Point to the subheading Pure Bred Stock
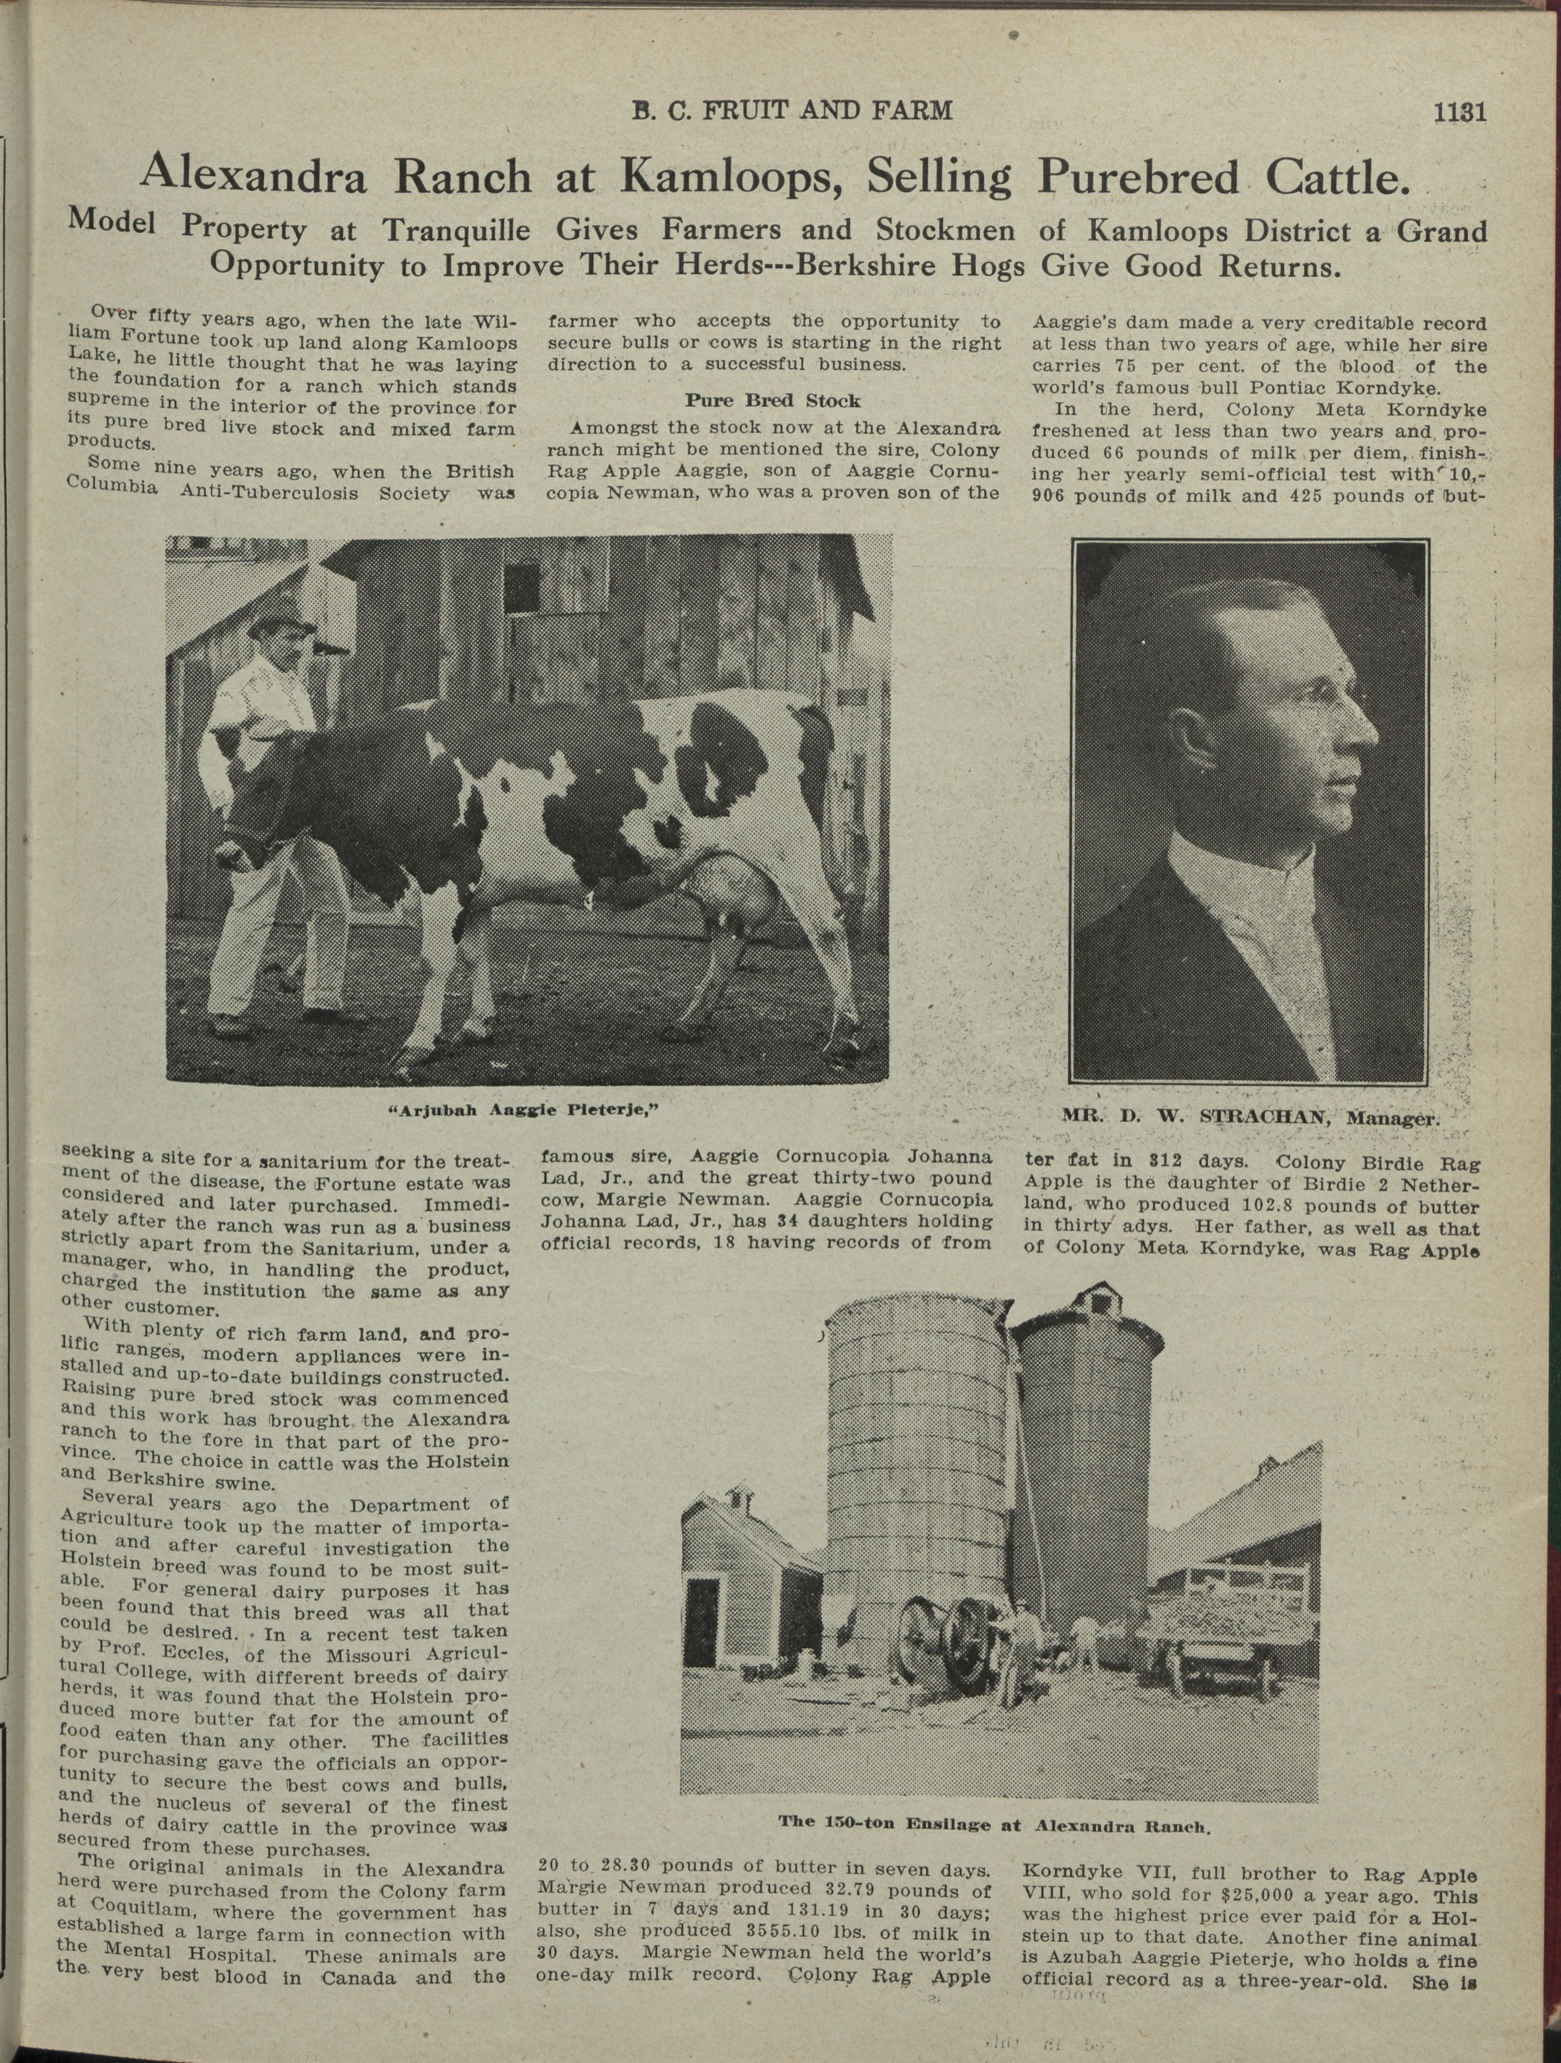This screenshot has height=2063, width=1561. click(x=772, y=401)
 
